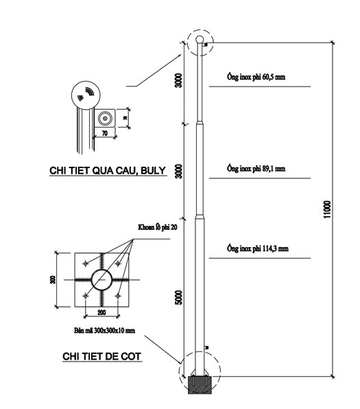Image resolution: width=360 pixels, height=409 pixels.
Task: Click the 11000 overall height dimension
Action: (x=327, y=209)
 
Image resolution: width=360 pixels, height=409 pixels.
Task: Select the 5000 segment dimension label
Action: (x=179, y=297)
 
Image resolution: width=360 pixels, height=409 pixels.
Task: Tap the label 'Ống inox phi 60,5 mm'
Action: (x=256, y=77)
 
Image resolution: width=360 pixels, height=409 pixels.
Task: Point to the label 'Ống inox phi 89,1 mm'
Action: (x=256, y=169)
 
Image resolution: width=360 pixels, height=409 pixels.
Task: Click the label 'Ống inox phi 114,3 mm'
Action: (x=258, y=248)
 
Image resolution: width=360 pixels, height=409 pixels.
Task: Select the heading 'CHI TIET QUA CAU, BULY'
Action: (x=108, y=171)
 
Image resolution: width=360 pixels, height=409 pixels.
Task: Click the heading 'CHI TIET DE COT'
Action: (x=102, y=356)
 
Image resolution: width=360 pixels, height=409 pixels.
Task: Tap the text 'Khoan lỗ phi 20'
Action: (x=158, y=227)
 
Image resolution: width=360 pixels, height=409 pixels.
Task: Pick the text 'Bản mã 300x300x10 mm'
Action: (x=104, y=331)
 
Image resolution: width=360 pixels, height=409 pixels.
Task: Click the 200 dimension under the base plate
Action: (x=101, y=312)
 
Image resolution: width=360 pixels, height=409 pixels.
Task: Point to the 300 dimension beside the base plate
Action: (x=53, y=279)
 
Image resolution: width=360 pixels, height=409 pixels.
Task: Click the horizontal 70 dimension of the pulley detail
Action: (x=104, y=133)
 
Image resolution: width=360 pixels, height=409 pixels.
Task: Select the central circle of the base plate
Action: (x=101, y=279)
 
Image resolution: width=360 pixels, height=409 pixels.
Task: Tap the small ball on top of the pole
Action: (x=200, y=40)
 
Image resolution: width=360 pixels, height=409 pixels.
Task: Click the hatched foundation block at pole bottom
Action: (x=200, y=385)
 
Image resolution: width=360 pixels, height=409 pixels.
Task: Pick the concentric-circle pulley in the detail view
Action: (x=105, y=119)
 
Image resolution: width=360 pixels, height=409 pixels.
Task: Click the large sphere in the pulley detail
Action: (x=86, y=95)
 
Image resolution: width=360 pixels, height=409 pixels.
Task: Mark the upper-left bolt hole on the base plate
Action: (x=86, y=264)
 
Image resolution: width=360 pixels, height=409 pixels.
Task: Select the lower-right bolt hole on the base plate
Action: (x=118, y=296)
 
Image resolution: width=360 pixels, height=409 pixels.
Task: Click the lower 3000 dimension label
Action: (x=179, y=171)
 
